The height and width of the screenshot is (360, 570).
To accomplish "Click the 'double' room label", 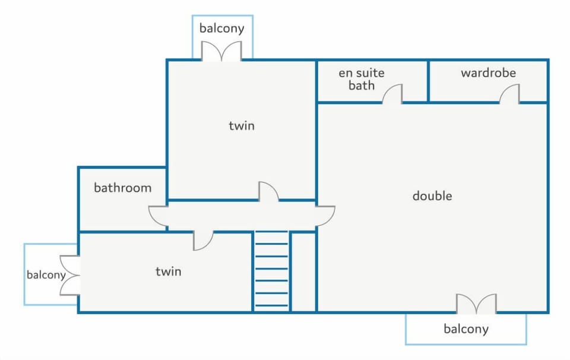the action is pyautogui.click(x=432, y=196).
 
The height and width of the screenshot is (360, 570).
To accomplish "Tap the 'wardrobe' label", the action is pyautogui.click(x=488, y=72).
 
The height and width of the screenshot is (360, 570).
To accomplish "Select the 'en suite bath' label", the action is pyautogui.click(x=362, y=79).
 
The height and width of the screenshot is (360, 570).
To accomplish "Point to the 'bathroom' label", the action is pyautogui.click(x=122, y=188).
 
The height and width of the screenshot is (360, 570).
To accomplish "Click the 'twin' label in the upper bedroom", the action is pyautogui.click(x=242, y=126).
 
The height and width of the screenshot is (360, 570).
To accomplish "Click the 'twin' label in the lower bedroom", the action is pyautogui.click(x=168, y=271).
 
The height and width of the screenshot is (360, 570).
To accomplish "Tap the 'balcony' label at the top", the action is pyautogui.click(x=221, y=29).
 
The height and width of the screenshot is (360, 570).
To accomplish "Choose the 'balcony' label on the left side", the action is pyautogui.click(x=46, y=274).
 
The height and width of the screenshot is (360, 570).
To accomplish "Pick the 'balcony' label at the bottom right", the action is pyautogui.click(x=466, y=329).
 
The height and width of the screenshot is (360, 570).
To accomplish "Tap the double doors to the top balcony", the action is pyautogui.click(x=221, y=51).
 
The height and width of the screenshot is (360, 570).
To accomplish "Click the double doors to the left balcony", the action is pyautogui.click(x=70, y=275).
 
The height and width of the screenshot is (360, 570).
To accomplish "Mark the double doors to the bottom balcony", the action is pyautogui.click(x=476, y=304).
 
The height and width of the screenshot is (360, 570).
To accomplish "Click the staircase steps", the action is pyautogui.click(x=271, y=271).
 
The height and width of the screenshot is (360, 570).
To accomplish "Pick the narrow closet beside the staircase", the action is pyautogui.click(x=304, y=272).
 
